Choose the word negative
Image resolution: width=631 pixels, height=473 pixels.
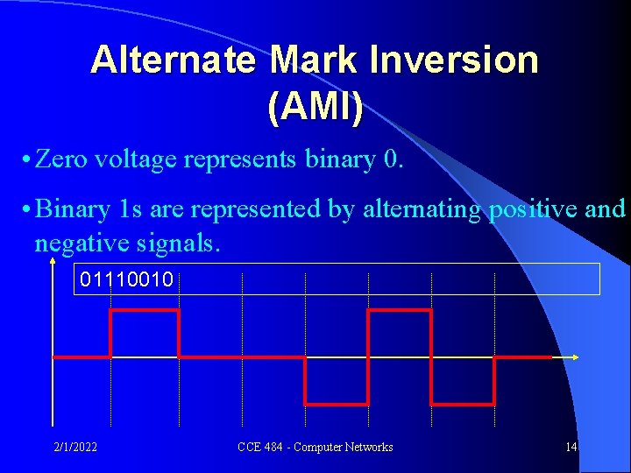[74, 241]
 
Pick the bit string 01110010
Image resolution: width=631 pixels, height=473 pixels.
[127, 280]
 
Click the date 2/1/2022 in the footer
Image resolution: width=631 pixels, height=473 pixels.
[75, 448]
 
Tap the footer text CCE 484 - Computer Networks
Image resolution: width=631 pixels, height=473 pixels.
[315, 448]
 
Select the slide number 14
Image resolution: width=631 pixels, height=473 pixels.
[571, 448]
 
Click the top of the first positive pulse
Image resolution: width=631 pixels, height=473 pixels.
[145, 310]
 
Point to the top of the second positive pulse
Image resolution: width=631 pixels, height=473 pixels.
[400, 310]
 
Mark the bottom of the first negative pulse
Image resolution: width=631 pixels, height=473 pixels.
[336, 404]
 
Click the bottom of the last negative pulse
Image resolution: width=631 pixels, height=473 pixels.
[463, 404]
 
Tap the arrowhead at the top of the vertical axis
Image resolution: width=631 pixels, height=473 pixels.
[53, 265]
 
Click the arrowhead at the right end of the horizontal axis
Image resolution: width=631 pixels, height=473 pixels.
[576, 357]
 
